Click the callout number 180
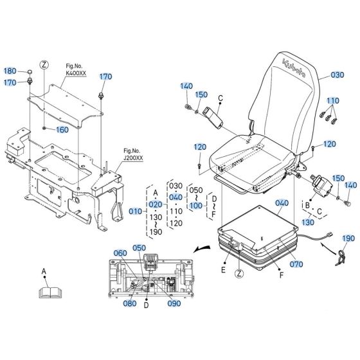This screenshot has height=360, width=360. click(x=10, y=71)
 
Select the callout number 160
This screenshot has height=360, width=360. click(x=62, y=130)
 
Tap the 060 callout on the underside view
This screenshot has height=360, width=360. click(x=121, y=254)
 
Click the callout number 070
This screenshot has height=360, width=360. click(x=296, y=264)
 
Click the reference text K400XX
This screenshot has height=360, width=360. click(x=77, y=74)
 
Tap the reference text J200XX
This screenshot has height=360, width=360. click(x=135, y=157)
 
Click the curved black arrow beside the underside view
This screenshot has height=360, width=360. click(x=204, y=247)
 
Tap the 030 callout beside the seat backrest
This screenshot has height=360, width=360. click(x=337, y=75)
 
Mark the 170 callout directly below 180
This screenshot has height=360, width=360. click(x=10, y=82)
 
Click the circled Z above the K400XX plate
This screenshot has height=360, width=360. click(x=44, y=64)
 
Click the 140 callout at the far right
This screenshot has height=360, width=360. click(x=350, y=185)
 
